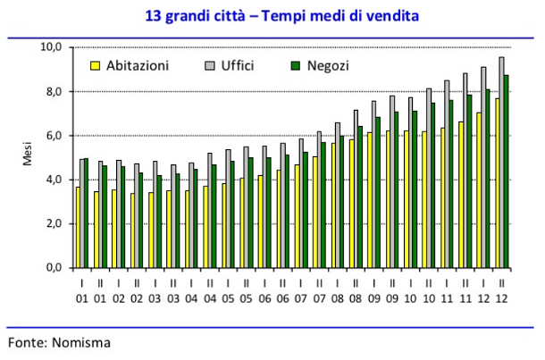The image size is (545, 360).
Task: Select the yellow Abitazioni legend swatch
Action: click(95, 66)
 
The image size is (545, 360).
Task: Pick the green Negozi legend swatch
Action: click(298, 66)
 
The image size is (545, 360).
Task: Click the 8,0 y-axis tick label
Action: click(54, 91)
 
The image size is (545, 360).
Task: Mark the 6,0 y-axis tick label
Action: click(54, 135)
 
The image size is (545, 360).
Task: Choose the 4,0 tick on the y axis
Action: click(54, 180)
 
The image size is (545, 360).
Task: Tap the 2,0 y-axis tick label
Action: click(54, 223)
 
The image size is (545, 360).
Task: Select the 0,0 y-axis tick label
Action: click(54, 268)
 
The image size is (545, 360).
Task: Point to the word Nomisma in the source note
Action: click(80, 340)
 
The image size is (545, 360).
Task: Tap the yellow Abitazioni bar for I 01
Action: click(78, 228)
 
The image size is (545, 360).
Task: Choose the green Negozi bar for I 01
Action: click(87, 213)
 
